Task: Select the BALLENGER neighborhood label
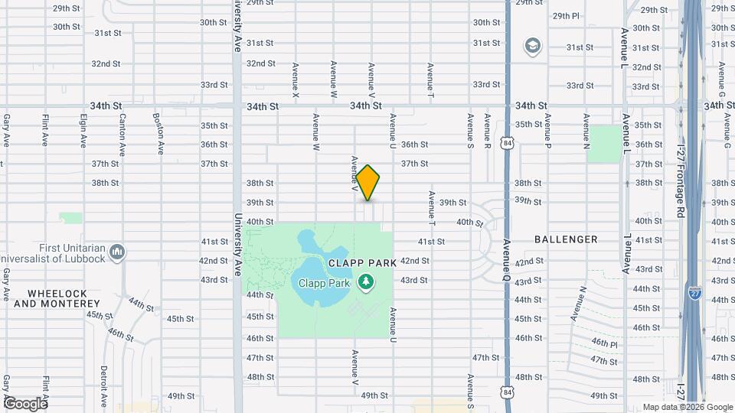(x=567, y=239)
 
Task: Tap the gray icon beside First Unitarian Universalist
(x=117, y=252)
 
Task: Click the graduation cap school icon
(x=531, y=47)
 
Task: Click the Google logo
(x=24, y=403)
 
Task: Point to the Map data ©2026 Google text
(x=687, y=407)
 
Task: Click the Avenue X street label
(x=295, y=80)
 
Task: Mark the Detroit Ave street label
(x=103, y=385)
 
